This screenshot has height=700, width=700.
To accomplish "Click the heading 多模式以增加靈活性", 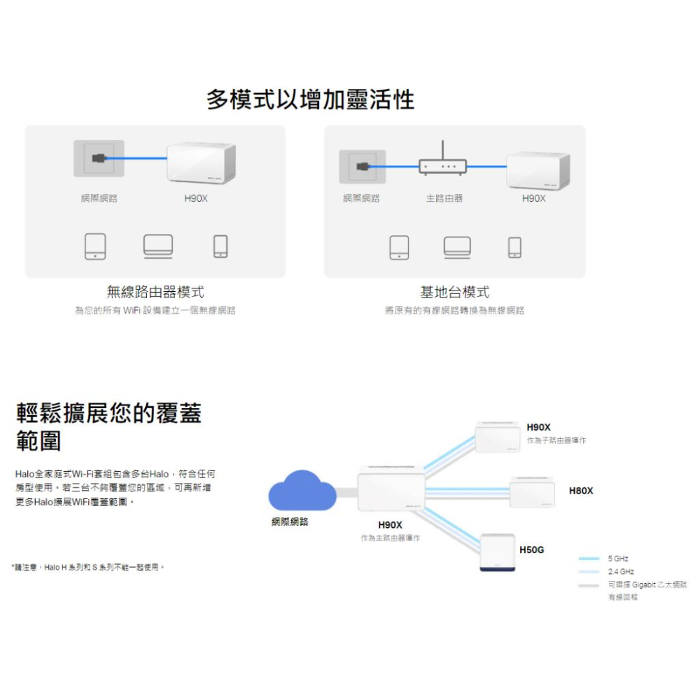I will point(310,100).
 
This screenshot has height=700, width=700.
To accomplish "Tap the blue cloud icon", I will point(302,490).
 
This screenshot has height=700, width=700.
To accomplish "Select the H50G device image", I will point(498,552).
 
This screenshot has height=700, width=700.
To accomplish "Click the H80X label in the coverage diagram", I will point(581,491).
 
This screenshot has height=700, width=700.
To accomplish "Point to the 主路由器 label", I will point(444,199).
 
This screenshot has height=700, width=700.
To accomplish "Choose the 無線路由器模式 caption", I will point(155,293).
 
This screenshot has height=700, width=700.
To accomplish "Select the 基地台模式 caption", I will point(454,293).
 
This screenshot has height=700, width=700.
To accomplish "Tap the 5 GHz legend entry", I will point(618,559).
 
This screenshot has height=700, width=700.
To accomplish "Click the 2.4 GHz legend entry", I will point(621,572).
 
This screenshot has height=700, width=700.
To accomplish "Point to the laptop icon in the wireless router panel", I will point(158,246).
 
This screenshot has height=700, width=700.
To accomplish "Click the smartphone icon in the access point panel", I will point(514,247).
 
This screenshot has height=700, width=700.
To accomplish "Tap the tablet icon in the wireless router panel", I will point(95,246).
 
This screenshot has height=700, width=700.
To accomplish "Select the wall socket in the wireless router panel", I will point(99,159).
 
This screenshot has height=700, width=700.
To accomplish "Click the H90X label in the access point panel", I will point(533,199).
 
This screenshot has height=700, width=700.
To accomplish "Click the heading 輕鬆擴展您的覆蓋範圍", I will point(108,427).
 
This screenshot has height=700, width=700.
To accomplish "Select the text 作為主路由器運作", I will point(390,538).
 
